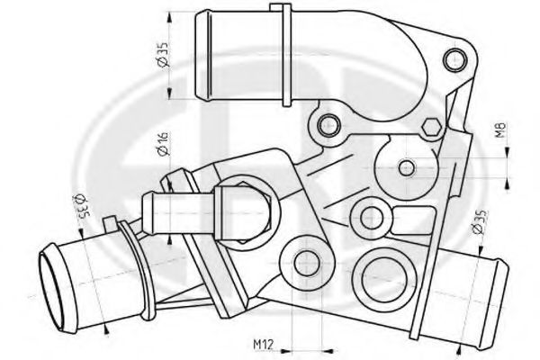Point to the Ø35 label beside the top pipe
point(162,60)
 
